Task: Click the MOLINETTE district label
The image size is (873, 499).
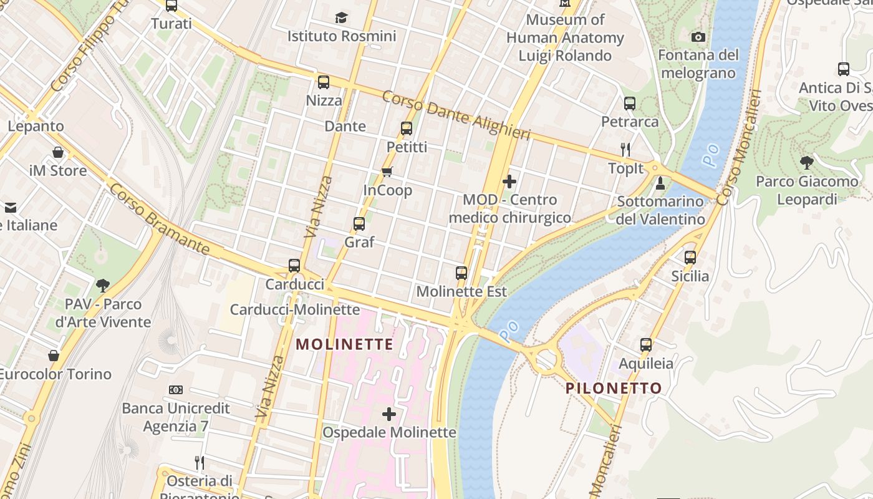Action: coord(344,344)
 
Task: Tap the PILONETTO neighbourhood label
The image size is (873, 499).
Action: coord(614,388)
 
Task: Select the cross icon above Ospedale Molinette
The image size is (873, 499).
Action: coord(389,414)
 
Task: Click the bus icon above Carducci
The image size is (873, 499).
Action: coord(294,266)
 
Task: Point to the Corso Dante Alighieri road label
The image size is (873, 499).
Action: coord(456,115)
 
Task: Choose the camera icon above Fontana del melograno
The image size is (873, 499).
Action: coord(698,37)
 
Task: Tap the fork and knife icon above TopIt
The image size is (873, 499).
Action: coord(625,149)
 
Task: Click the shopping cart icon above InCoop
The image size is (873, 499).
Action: coord(387,172)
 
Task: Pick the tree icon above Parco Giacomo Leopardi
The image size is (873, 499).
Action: coord(806,163)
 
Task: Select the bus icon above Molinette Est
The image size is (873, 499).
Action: coord(461,273)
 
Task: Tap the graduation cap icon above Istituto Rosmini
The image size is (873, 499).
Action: coord(341,17)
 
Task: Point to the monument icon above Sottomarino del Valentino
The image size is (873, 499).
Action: coord(660,183)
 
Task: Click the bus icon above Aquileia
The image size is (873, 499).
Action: coord(646,345)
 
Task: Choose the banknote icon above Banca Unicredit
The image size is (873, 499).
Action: coord(176,390)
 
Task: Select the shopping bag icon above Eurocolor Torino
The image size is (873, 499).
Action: coord(54,356)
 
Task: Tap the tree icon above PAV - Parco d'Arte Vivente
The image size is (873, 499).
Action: coord(103,286)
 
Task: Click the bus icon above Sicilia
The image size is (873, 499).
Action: coord(690,257)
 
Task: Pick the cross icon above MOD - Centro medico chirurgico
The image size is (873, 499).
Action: coord(509,182)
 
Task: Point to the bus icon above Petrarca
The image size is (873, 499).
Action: coord(630,103)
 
